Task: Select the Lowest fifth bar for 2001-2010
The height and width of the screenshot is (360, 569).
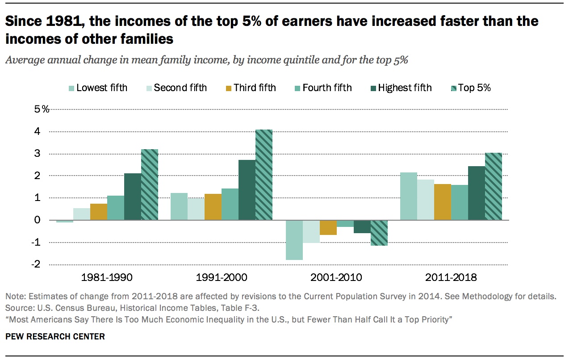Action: pyautogui.click(x=294, y=240)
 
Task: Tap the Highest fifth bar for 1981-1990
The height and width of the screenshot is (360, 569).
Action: pyautogui.click(x=133, y=197)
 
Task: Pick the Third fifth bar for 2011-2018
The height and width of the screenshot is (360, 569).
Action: pyautogui.click(x=442, y=202)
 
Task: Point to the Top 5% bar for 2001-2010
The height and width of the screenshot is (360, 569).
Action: pyautogui.click(x=379, y=233)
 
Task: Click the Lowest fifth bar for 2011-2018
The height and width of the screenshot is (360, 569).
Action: pyautogui.click(x=408, y=196)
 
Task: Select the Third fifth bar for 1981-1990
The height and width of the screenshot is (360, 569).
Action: pyautogui.click(x=99, y=212)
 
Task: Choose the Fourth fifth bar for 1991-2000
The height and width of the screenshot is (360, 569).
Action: pyautogui.click(x=230, y=204)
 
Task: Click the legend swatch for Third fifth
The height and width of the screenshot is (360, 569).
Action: pyautogui.click(x=227, y=88)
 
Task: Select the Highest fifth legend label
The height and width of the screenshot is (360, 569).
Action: pyautogui.click(x=405, y=88)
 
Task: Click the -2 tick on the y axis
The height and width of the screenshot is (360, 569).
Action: pyautogui.click(x=36, y=264)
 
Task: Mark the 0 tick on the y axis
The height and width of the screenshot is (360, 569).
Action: pyautogui.click(x=37, y=220)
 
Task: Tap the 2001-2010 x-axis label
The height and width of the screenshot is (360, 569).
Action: pyautogui.click(x=337, y=277)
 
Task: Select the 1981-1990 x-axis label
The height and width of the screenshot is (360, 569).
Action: pyautogui.click(x=107, y=277)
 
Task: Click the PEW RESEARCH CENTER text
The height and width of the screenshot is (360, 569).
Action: pyautogui.click(x=55, y=337)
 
